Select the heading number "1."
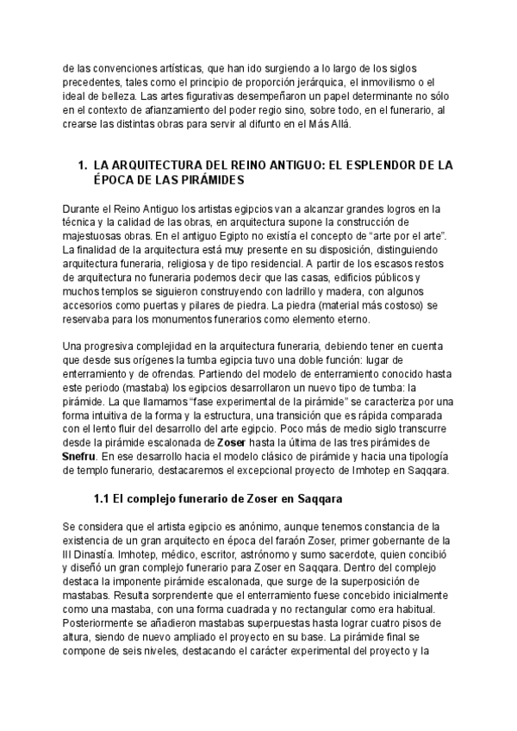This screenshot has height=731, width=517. click(83, 164)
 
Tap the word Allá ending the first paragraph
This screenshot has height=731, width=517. click(340, 124)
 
